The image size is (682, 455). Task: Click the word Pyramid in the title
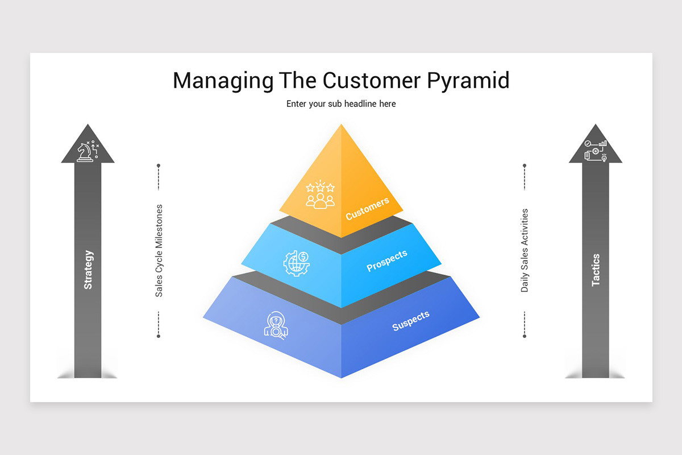point(468,81)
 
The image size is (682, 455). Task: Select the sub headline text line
point(341,104)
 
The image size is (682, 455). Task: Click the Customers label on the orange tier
point(368,209)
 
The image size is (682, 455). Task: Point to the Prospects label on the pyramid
point(386,260)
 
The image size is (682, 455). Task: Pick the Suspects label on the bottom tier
point(411,321)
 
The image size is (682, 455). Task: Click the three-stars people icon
point(321,195)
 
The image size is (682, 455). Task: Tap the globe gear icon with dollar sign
point(297,263)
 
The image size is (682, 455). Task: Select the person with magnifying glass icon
point(276,325)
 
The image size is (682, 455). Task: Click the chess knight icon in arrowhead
point(88,151)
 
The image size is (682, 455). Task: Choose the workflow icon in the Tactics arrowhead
point(596,151)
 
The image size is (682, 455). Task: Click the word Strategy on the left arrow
point(88,270)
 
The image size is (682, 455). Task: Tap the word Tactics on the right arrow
point(596,270)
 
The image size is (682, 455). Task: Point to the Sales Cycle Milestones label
point(159,251)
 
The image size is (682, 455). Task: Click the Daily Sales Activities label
point(524,250)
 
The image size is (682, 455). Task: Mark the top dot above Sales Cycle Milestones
point(159,166)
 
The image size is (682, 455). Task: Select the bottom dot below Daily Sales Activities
point(524,336)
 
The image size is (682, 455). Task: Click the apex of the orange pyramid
point(342,124)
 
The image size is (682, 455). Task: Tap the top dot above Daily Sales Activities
point(524,166)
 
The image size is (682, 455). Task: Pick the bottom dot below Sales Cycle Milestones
point(159,336)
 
